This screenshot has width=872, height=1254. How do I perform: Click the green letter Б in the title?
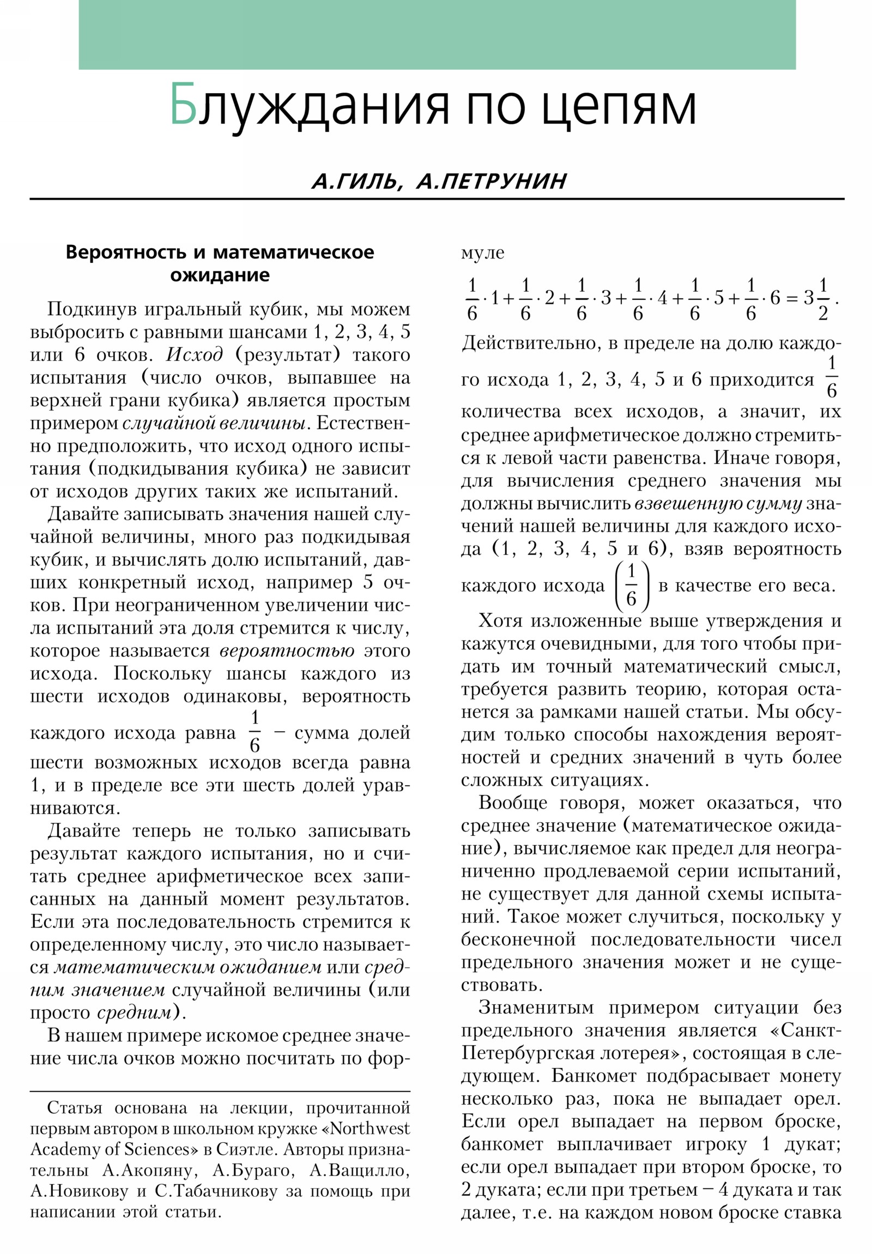click(x=183, y=105)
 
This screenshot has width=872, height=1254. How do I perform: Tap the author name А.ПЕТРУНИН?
click(x=492, y=181)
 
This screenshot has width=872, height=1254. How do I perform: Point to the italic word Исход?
click(x=195, y=355)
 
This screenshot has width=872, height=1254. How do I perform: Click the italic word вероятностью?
click(x=287, y=651)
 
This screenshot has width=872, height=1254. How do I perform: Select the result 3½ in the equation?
click(x=815, y=299)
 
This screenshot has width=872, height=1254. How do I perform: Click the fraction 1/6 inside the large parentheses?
click(x=632, y=586)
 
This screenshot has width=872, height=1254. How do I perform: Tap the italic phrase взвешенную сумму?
click(x=717, y=504)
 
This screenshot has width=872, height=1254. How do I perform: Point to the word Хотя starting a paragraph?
click(x=499, y=621)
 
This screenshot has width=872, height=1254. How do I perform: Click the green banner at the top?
click(x=437, y=34)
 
